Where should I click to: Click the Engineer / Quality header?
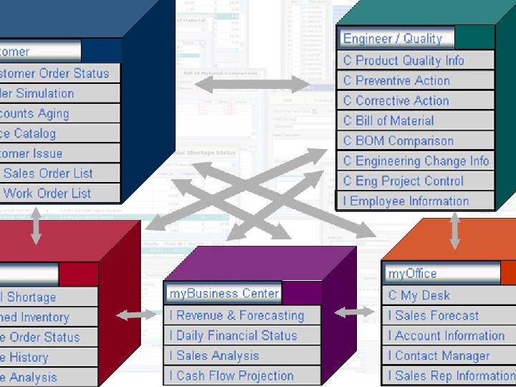point(392,39)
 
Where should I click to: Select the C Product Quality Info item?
point(403,61)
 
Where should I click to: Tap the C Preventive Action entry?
point(396,81)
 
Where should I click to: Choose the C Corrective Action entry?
point(396,101)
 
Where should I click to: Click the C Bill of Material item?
point(388,121)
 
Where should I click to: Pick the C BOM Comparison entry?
point(398,141)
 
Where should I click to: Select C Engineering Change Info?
point(416,161)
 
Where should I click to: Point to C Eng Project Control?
point(403,181)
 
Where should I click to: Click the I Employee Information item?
point(406,201)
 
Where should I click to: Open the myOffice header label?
point(412,273)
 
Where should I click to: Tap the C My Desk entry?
point(419,295)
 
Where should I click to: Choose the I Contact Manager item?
point(439,355)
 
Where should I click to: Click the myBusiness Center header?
point(224,293)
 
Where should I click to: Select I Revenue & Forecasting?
point(236,315)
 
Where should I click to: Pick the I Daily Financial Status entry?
point(233,335)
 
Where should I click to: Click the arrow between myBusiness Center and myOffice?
point(354,312)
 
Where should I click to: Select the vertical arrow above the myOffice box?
point(454,230)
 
